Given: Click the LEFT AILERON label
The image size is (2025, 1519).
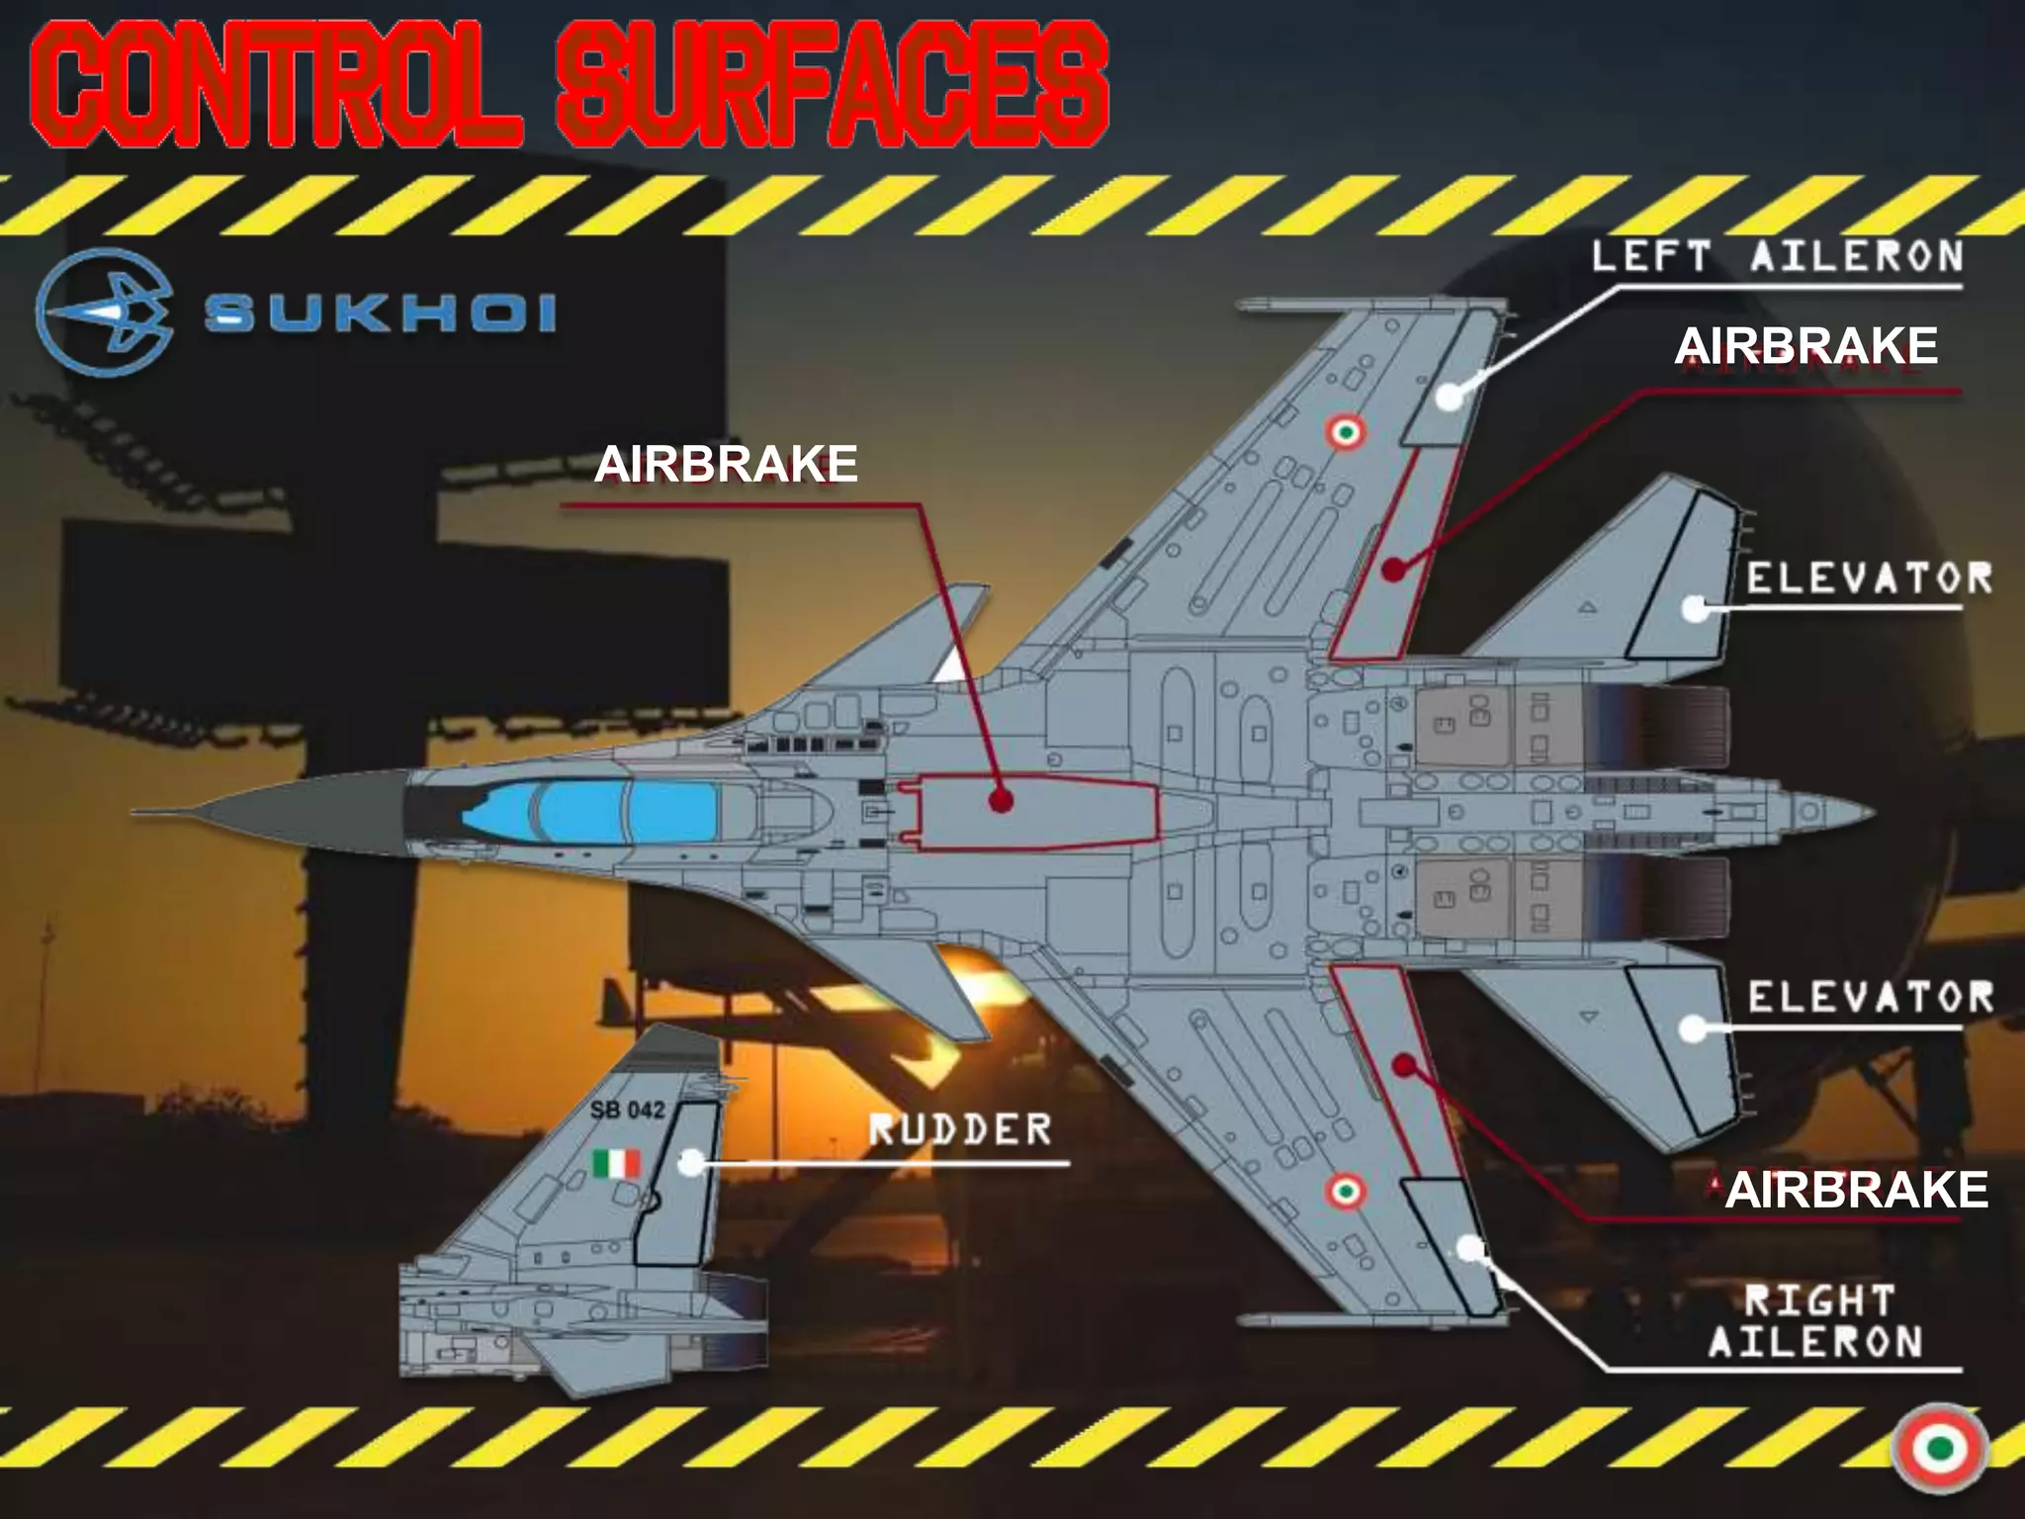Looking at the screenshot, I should [1777, 257].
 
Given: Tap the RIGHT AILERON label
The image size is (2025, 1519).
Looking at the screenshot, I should [1817, 1322].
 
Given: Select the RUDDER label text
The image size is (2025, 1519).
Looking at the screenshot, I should [959, 1129].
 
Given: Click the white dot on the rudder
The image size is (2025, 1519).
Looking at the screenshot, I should [691, 1162].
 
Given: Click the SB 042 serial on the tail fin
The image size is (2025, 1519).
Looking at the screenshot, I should [627, 1110].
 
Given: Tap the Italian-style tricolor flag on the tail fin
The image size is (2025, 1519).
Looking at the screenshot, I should [616, 1163].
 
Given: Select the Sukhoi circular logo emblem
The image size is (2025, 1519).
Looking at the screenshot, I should [105, 313].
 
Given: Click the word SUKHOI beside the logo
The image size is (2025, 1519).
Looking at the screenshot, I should [381, 314].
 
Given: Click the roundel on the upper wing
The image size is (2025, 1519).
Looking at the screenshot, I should [1345, 431].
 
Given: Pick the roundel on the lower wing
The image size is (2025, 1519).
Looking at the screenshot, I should [1345, 1191].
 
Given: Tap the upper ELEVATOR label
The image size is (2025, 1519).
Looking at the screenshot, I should [1869, 580].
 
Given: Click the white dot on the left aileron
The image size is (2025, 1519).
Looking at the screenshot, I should [1450, 397].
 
